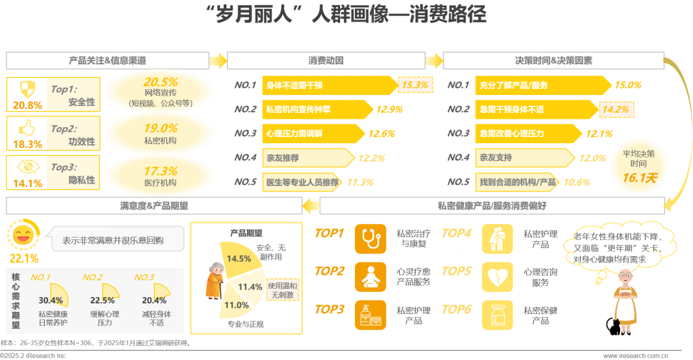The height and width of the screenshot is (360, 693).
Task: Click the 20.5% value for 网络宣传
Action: [160, 82]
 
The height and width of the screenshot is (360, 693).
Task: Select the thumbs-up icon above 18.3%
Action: [27, 127]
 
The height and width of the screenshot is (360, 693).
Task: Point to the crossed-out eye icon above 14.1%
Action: [27, 166]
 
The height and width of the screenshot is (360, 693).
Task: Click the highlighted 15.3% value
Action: [415, 85]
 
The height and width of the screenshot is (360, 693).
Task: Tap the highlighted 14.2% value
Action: [615, 109]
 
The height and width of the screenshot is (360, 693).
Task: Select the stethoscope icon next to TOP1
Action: [370, 239]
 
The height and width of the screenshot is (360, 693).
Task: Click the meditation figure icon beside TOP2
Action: [370, 277]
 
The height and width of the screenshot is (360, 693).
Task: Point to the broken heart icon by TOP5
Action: [497, 277]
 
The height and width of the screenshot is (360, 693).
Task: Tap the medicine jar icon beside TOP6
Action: [497, 315]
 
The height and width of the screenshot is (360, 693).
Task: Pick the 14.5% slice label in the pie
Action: [239, 259]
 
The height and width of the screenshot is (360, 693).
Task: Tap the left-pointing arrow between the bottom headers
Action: [311, 205]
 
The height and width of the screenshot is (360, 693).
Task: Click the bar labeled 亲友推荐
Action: [308, 157]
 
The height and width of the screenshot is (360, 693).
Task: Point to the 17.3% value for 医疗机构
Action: [160, 171]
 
